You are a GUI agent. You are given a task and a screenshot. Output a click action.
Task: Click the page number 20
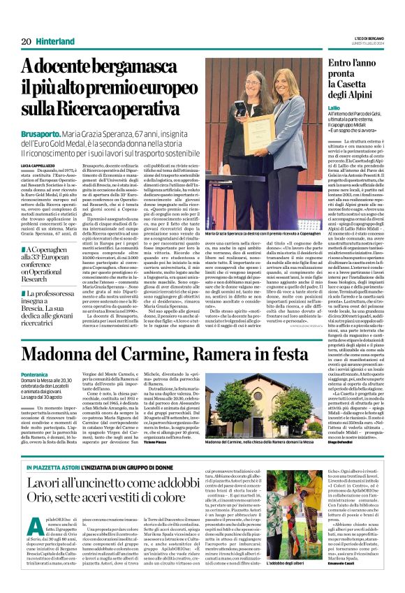[26, 41]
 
